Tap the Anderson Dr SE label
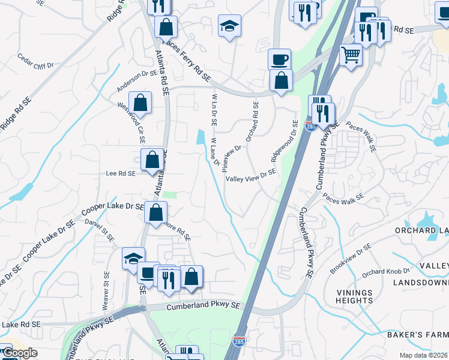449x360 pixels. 137,81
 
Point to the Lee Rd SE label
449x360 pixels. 121,173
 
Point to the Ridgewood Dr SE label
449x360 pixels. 285,141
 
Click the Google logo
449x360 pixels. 20,353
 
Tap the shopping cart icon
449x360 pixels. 351,55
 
